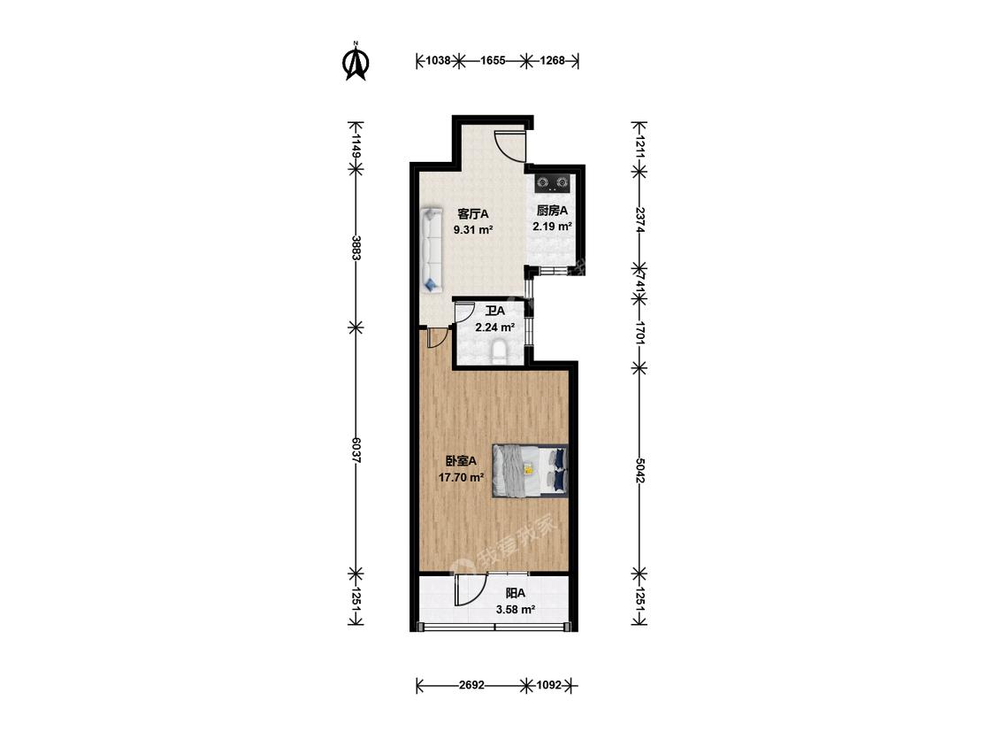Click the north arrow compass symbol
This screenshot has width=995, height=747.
click(356, 62)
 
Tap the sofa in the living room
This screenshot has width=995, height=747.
click(432, 250)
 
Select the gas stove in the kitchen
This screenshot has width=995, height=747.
click(552, 183)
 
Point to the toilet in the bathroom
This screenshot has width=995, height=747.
click(501, 352)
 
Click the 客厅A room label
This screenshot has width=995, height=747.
click(473, 213)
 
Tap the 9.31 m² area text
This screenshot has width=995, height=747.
click(473, 230)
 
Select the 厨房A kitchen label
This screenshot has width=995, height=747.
click(552, 211)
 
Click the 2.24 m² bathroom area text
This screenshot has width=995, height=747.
click(495, 327)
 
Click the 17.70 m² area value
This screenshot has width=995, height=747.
click(462, 477)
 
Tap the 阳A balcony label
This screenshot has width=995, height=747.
click(516, 593)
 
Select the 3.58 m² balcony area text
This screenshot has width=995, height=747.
click(516, 610)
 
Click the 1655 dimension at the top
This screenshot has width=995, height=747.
click(493, 61)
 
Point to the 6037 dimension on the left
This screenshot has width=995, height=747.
click(356, 451)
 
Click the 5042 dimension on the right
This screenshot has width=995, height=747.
click(639, 470)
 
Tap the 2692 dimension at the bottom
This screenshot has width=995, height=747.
click(471, 685)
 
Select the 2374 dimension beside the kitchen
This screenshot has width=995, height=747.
click(639, 219)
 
